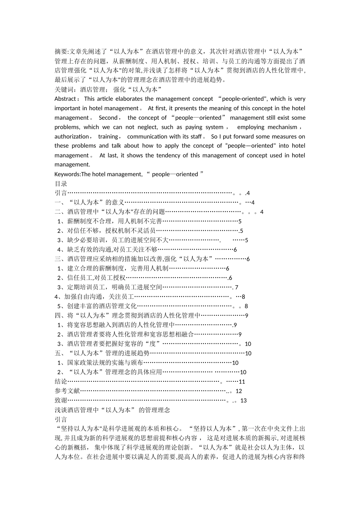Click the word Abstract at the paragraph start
tap(65, 99)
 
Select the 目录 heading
tap(61, 184)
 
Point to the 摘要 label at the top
tap(61, 52)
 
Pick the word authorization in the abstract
tap(72, 136)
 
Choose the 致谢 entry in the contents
tap(61, 400)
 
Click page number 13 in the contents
tap(243, 401)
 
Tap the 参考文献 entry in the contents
tap(67, 391)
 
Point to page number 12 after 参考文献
tap(238, 391)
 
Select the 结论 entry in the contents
tap(61, 381)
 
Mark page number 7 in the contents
tap(236, 287)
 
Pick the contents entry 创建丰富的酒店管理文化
tap(102, 306)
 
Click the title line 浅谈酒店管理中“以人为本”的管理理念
tap(113, 410)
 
